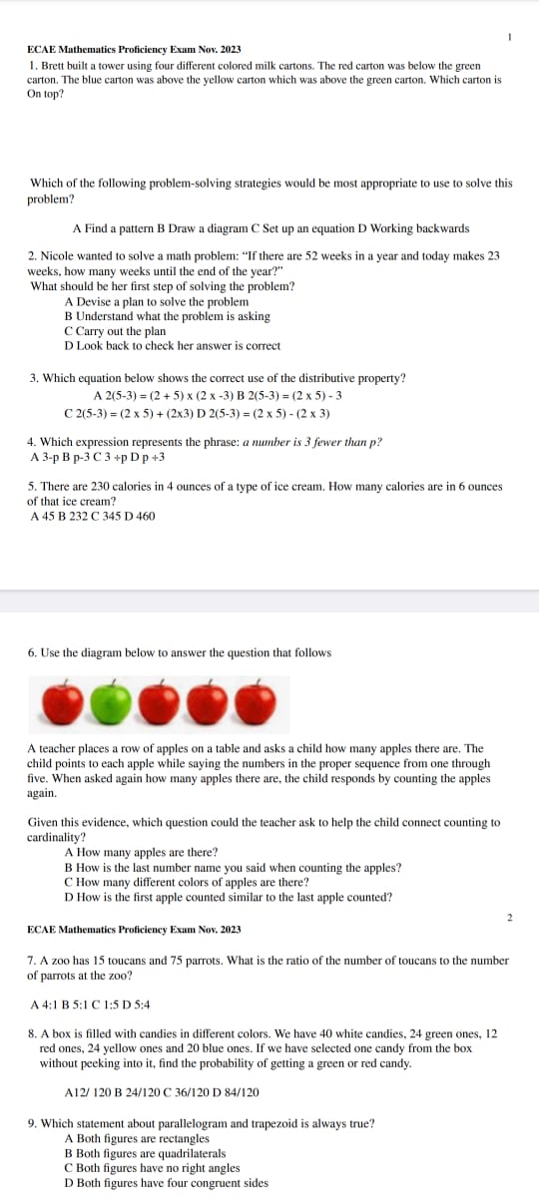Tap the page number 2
pyautogui.click(x=509, y=916)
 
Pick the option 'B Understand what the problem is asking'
pyautogui.click(x=167, y=316)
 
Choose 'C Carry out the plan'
pyautogui.click(x=115, y=331)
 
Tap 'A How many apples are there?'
pyautogui.click(x=141, y=853)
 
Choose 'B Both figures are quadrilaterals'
pyautogui.click(x=151, y=1153)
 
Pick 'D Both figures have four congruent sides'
pyautogui.click(x=166, y=1183)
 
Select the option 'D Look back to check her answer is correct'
pyautogui.click(x=172, y=346)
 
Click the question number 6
pyautogui.click(x=32, y=652)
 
